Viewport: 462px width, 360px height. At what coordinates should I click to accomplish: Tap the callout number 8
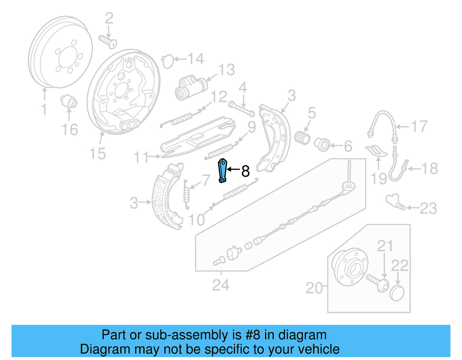click(245, 171)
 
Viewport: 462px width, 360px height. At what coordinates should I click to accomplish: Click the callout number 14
click(196, 59)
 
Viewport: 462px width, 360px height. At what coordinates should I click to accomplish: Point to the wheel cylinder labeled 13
click(191, 87)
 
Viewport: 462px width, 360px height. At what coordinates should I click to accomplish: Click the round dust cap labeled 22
click(397, 293)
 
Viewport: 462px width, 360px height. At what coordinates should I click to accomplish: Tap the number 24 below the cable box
click(221, 285)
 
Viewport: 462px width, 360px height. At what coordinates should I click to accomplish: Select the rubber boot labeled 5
click(302, 138)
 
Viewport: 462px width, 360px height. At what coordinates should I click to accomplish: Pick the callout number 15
click(98, 154)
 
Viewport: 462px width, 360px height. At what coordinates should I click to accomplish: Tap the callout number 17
click(419, 127)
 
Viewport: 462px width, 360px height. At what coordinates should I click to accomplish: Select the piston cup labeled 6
click(322, 144)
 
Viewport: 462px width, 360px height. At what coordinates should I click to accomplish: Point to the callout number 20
click(314, 288)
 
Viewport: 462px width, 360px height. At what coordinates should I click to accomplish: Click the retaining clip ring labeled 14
click(168, 62)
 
